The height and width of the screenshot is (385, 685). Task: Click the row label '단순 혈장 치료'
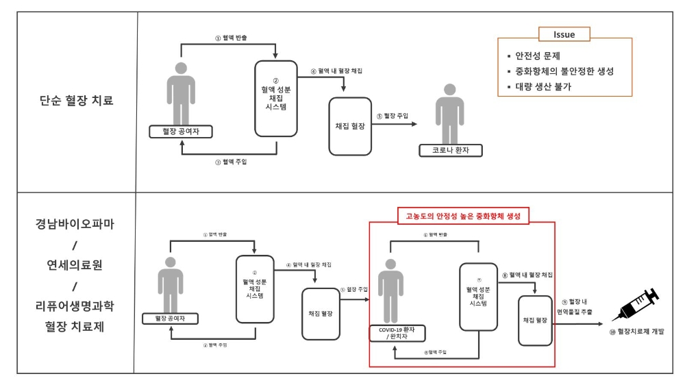tap(76, 101)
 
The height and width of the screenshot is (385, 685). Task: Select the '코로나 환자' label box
tap(449, 150)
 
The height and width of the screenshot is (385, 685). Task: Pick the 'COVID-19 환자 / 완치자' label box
tap(397, 334)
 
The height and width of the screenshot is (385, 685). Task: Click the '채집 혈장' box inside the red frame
tap(535, 320)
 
